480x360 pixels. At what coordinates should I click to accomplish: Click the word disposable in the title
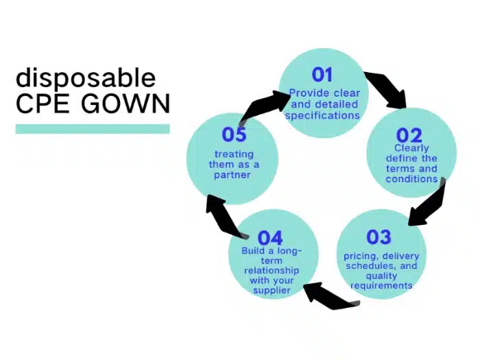point(86,78)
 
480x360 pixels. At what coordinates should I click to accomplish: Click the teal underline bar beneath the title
point(93,129)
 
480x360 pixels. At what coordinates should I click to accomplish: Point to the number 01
point(322,75)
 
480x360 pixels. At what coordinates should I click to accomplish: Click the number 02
point(409,135)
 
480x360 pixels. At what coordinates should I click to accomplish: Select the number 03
point(379,237)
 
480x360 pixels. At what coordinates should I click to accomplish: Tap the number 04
point(270,238)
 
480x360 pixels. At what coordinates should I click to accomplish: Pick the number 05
point(235,134)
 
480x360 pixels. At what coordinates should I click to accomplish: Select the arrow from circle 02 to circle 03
point(429,204)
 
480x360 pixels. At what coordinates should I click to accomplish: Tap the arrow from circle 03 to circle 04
point(331,296)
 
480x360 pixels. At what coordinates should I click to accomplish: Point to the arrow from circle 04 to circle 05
point(225,216)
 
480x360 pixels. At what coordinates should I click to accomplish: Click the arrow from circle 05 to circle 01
point(263,106)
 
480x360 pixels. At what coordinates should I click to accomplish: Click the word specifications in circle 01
point(322,116)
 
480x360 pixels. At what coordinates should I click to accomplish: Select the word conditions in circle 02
point(411,179)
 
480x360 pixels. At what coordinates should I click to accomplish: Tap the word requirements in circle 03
point(381,286)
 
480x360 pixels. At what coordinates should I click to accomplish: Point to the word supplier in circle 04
point(272,290)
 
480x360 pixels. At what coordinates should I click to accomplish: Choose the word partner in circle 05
point(232,175)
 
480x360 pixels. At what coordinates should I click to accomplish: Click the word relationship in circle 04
point(272,271)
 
